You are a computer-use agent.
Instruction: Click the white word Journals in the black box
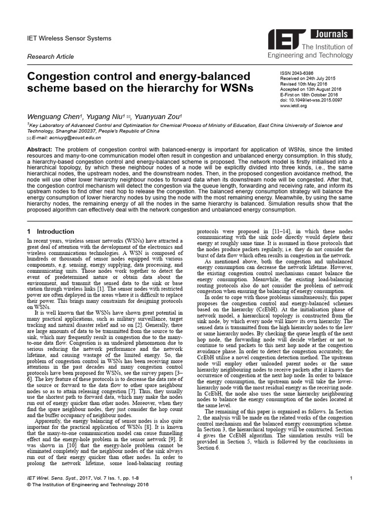pyautogui.click(x=333, y=34)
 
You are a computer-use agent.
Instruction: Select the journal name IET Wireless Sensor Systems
pyautogui.click(x=69, y=39)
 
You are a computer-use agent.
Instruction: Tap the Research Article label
pyautogui.click(x=50, y=57)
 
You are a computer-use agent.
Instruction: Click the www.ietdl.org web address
pyautogui.click(x=294, y=105)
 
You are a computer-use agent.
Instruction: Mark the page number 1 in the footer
pyautogui.click(x=350, y=478)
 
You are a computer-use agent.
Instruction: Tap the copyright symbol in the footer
pyautogui.click(x=29, y=485)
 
